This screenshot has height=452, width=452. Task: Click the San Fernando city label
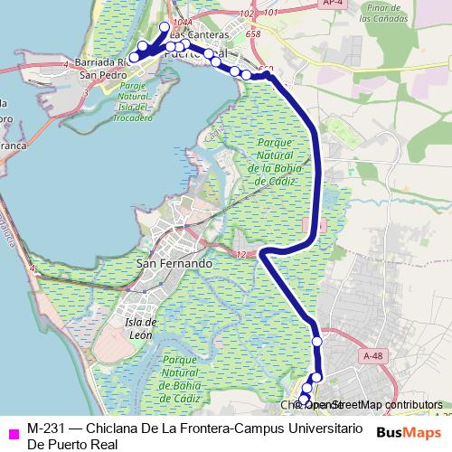[174, 263]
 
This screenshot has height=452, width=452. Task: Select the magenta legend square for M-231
[12, 432]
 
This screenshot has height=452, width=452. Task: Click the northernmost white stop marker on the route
[165, 27]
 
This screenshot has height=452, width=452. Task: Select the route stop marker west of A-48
[317, 341]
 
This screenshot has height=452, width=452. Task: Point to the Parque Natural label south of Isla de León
[189, 378]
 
